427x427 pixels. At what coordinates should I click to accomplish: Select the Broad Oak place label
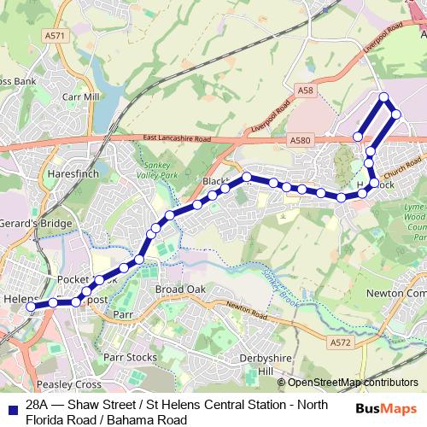click(x=180, y=290)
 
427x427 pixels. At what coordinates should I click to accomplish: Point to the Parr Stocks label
click(x=130, y=356)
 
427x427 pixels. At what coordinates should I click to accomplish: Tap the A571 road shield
click(x=56, y=36)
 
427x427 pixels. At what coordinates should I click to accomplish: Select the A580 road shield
click(x=301, y=140)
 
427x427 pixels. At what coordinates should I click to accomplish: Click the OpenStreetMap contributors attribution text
click(x=348, y=382)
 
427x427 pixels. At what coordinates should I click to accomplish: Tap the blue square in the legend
click(x=11, y=408)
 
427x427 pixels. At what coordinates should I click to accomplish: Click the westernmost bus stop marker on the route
click(x=32, y=306)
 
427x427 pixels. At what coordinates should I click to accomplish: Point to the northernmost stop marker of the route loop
click(x=384, y=97)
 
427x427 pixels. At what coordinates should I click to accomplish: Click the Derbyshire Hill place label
click(x=265, y=364)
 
